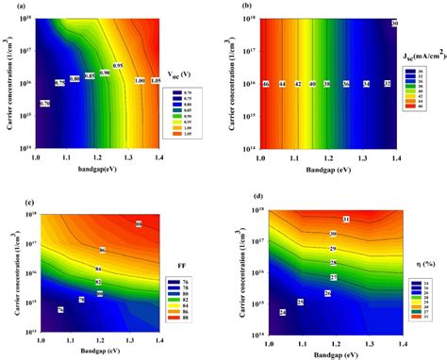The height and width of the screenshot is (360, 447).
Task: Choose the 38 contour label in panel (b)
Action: pos(325,84)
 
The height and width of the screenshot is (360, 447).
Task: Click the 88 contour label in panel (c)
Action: pos(139,224)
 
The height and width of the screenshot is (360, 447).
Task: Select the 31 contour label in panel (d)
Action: pos(347,220)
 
